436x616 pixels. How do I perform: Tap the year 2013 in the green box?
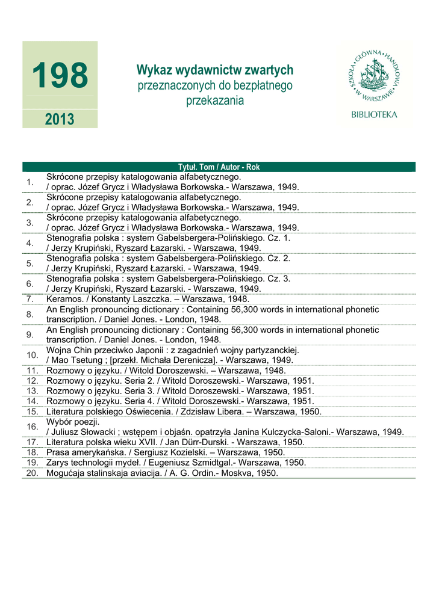click(60, 119)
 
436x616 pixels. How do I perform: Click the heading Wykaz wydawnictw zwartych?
click(215, 70)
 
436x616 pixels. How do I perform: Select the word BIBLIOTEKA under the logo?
click(374, 114)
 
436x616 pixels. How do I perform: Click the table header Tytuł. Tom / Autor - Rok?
click(219, 167)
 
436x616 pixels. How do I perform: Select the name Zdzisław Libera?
click(217, 411)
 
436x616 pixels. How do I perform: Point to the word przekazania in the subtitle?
click(215, 100)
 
